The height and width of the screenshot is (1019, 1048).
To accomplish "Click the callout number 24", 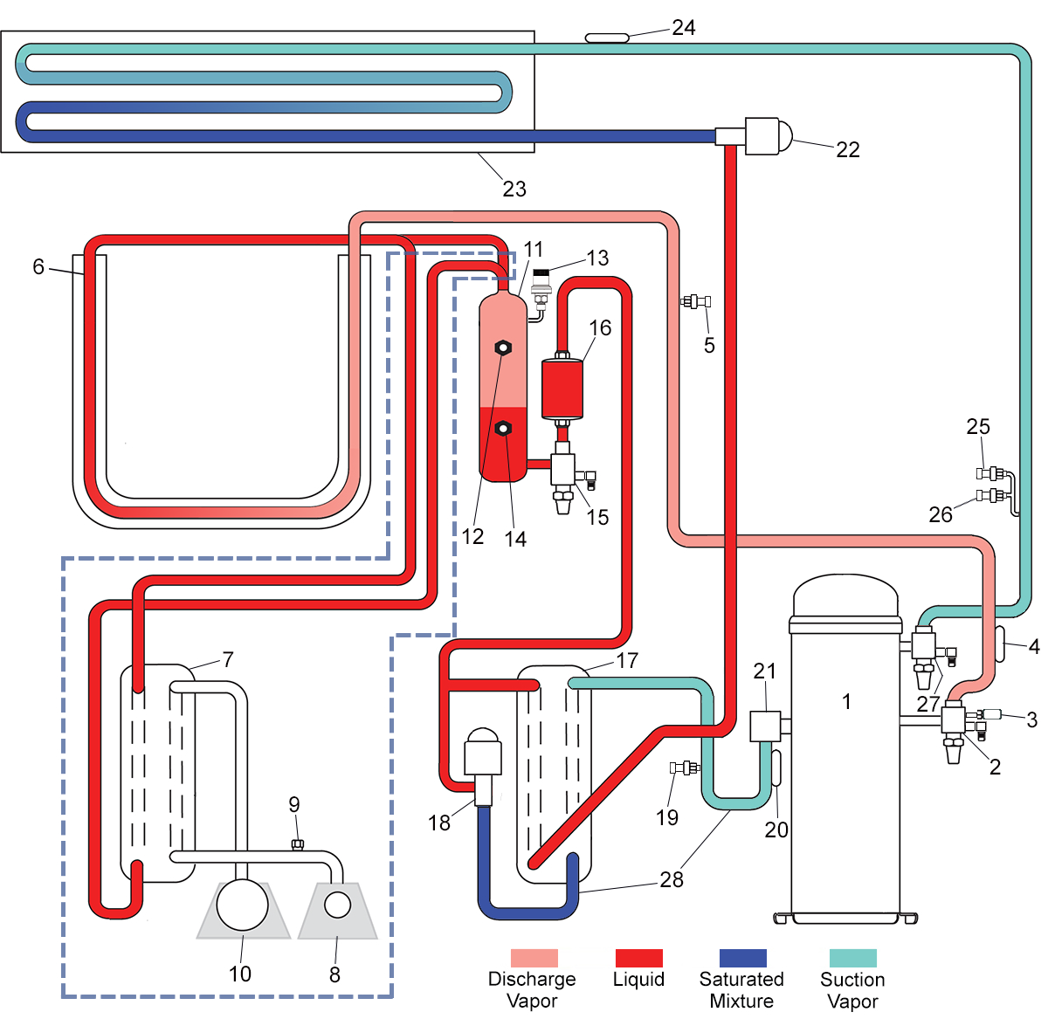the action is point(684,27).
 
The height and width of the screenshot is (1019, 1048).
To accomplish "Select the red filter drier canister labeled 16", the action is point(562,389).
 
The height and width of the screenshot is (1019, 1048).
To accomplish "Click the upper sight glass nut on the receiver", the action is point(502,348).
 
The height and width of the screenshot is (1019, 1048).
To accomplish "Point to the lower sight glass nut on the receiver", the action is point(502,429).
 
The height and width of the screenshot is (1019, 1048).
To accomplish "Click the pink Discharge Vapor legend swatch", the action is point(534,958).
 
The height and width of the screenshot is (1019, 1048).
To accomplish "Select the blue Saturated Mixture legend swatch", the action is point(742,958).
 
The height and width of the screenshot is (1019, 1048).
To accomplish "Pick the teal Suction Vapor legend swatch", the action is point(852,958).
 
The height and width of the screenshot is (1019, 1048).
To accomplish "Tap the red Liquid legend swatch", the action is point(638,958).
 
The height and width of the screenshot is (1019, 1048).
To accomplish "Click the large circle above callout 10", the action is point(242,905).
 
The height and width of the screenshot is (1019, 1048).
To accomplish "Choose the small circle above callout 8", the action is point(338,905).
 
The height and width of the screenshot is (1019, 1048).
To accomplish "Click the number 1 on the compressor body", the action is point(846,702).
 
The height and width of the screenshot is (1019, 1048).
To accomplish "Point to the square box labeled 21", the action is point(765,726).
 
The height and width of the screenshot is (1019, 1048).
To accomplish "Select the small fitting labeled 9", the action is point(297,844).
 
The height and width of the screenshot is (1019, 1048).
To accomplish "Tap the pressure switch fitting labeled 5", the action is point(695,301).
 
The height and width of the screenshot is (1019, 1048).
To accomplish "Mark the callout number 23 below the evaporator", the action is point(514,189).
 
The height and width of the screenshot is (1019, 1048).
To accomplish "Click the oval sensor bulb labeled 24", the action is point(607,38).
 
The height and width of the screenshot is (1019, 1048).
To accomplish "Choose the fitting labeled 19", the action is point(685,768).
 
